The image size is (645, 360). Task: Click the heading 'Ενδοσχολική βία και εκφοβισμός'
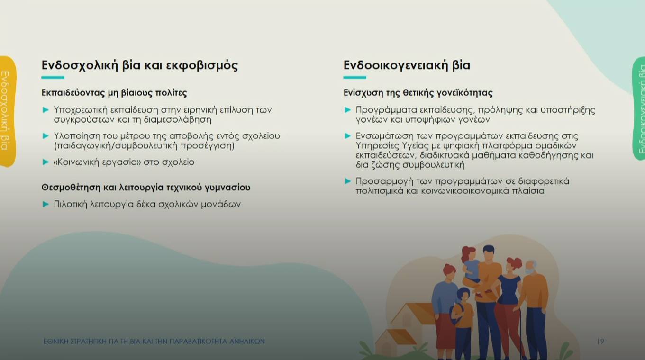click(139, 65)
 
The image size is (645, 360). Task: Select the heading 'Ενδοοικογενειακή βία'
click(407, 65)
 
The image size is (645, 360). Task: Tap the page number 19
click(600, 342)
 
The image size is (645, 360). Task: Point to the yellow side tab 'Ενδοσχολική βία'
click(7, 111)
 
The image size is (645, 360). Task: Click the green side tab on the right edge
click(639, 109)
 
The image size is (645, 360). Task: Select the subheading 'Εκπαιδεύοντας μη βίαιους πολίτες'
click(114, 93)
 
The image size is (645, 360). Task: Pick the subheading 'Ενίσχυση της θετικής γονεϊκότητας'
click(418, 93)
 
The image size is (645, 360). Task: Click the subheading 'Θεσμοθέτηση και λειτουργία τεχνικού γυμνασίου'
click(146, 188)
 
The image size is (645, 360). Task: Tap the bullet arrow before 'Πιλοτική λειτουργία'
click(46, 204)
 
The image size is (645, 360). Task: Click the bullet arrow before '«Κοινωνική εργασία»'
click(46, 162)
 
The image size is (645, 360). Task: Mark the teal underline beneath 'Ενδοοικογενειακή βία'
click(354, 77)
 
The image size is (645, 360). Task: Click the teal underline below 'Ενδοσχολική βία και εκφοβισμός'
click(53, 77)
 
